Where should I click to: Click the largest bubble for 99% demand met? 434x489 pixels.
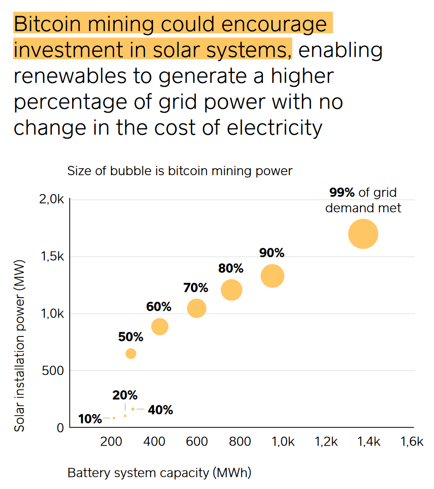pyautogui.click(x=363, y=234)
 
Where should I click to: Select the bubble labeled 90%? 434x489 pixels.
pyautogui.click(x=272, y=276)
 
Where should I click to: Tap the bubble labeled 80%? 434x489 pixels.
pyautogui.click(x=232, y=290)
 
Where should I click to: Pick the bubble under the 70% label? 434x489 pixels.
pyautogui.click(x=196, y=308)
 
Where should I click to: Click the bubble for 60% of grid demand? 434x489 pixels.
pyautogui.click(x=159, y=327)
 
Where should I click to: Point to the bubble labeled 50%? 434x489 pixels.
pyautogui.click(x=131, y=354)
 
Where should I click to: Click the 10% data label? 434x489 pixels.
pyautogui.click(x=90, y=419)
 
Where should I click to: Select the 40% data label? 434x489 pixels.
pyautogui.click(x=160, y=410)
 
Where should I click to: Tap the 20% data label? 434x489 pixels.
pyautogui.click(x=125, y=396)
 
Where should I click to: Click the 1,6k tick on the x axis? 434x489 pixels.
pyautogui.click(x=412, y=442)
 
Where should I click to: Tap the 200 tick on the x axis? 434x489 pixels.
pyautogui.click(x=111, y=442)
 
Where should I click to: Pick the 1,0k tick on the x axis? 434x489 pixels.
pyautogui.click(x=282, y=442)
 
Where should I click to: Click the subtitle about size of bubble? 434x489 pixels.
pyautogui.click(x=180, y=171)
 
